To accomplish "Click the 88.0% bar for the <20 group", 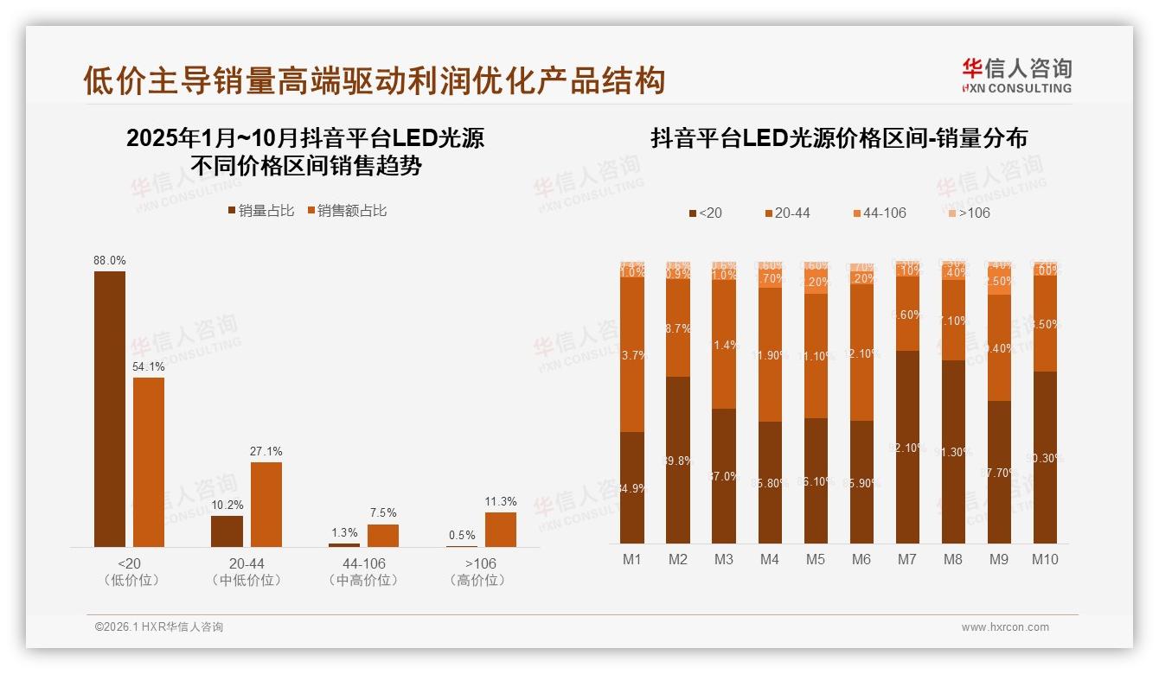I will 110,409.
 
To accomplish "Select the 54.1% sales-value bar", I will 149,461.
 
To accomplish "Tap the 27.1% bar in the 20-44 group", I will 266,504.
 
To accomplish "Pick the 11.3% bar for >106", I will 500,529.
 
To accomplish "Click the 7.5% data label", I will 383,513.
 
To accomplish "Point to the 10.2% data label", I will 227,505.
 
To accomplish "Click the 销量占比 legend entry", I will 260,211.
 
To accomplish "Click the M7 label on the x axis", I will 906,560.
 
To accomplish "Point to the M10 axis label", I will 1045,560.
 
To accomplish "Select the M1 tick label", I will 632,560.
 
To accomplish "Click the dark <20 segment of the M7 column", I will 907,447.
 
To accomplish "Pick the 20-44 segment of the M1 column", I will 632,354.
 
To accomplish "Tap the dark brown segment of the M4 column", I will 770,482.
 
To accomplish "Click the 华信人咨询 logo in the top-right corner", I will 1016,75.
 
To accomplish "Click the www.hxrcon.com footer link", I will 1005,627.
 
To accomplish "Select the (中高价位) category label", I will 363,581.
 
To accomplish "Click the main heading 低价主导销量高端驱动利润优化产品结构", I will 374,80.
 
